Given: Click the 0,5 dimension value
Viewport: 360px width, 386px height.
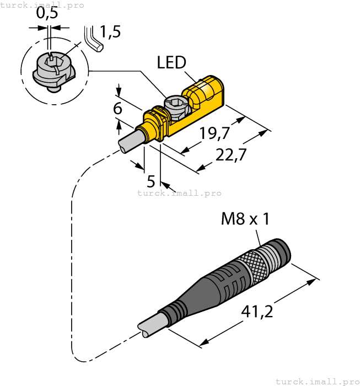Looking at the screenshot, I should (48, 14).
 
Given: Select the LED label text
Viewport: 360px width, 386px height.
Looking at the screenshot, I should (171, 62).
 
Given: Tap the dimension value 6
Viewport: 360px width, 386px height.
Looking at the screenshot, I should (117, 109).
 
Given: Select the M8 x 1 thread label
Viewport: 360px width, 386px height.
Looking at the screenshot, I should (245, 219).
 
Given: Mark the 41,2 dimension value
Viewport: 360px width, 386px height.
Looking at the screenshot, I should (257, 313).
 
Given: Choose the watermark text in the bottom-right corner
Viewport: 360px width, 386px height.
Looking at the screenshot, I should (316, 381).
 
